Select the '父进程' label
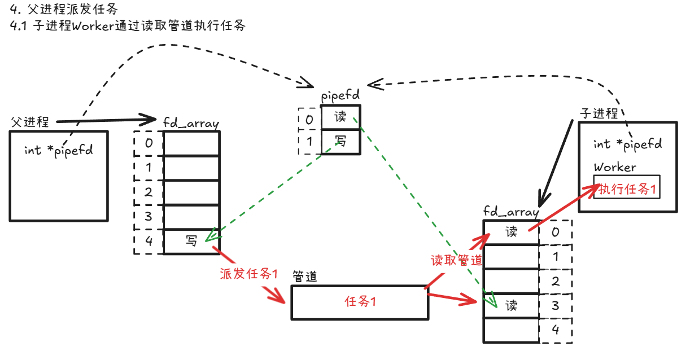coord(29,121)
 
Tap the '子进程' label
coord(599,113)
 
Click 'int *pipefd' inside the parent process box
coord(59,150)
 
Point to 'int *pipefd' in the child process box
coord(627,144)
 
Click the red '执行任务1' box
coord(626,188)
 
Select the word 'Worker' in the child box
coord(615,167)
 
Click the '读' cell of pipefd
coord(340,118)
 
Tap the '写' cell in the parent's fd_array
coord(191,242)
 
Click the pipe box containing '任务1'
coord(360,302)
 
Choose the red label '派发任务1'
coord(248,274)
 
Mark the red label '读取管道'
coord(456,260)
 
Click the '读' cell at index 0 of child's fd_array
coord(512,232)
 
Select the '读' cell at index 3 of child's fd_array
coord(512,306)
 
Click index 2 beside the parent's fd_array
coord(149,192)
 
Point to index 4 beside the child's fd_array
coord(555,331)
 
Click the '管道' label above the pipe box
coord(305,276)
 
